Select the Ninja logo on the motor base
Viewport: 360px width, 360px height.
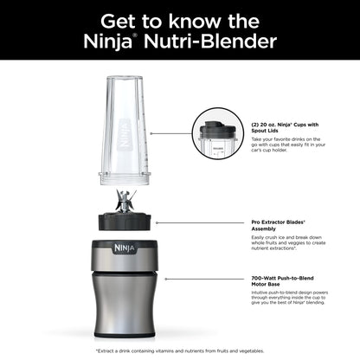click(x=120, y=247)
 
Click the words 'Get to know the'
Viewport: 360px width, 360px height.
click(x=179, y=19)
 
